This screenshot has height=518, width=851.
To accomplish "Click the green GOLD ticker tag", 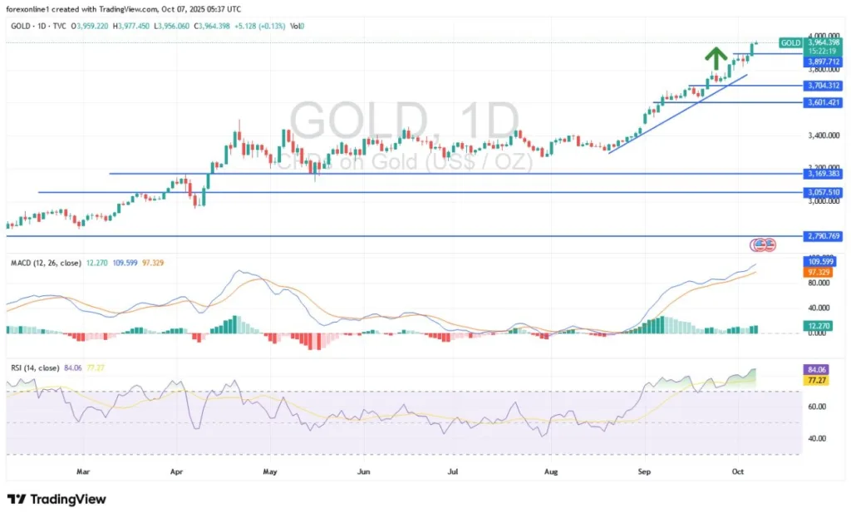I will pos(791,42).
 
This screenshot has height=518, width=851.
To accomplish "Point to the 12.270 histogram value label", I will pos(824,325).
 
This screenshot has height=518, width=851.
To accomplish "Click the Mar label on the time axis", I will pos(82,471).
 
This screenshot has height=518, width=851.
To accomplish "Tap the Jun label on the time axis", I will pos(363,471).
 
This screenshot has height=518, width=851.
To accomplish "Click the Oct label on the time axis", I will pos(735,471).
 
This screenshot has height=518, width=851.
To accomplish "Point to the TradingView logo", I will pos(57,499).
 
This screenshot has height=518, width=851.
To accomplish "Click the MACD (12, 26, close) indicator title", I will pos(46,263).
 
